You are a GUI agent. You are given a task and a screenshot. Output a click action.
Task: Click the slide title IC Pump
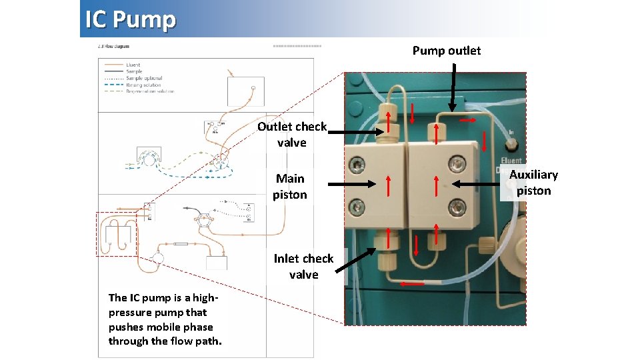point(131,20)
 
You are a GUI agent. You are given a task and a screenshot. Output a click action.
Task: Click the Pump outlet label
point(446,51)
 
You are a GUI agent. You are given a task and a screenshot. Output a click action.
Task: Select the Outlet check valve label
point(292,134)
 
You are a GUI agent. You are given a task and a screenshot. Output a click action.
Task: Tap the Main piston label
point(290,187)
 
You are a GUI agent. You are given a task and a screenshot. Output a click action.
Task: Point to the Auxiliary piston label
point(533,182)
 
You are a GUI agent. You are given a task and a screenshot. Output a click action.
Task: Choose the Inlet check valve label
point(303,266)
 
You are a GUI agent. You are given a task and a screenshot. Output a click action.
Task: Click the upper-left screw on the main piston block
point(359,163)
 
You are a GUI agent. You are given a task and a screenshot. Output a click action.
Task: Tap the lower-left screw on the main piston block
point(359,204)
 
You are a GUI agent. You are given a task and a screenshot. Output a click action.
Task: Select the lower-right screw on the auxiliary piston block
point(455,204)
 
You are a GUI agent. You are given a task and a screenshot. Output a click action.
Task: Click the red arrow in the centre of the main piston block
point(389,186)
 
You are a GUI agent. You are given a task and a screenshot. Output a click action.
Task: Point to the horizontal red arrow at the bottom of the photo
point(413,284)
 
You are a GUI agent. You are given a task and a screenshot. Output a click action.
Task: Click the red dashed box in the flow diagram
point(116,233)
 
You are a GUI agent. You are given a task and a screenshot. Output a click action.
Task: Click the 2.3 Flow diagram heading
point(113,47)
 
